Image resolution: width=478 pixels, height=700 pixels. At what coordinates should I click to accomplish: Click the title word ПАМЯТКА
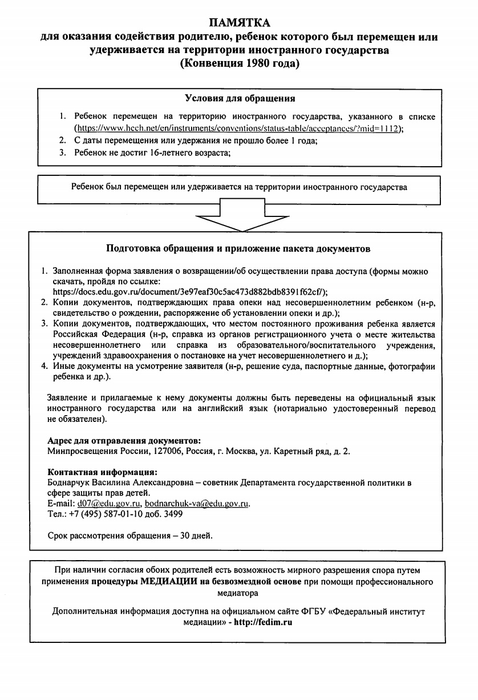[240, 23]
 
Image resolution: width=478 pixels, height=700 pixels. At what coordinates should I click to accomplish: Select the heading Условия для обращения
[240, 99]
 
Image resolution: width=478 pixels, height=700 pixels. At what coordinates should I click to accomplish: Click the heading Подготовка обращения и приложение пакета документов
[238, 249]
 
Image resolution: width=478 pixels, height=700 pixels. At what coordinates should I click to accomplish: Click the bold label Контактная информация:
[102, 473]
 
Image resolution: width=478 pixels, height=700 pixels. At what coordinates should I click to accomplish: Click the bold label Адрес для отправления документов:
[124, 441]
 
